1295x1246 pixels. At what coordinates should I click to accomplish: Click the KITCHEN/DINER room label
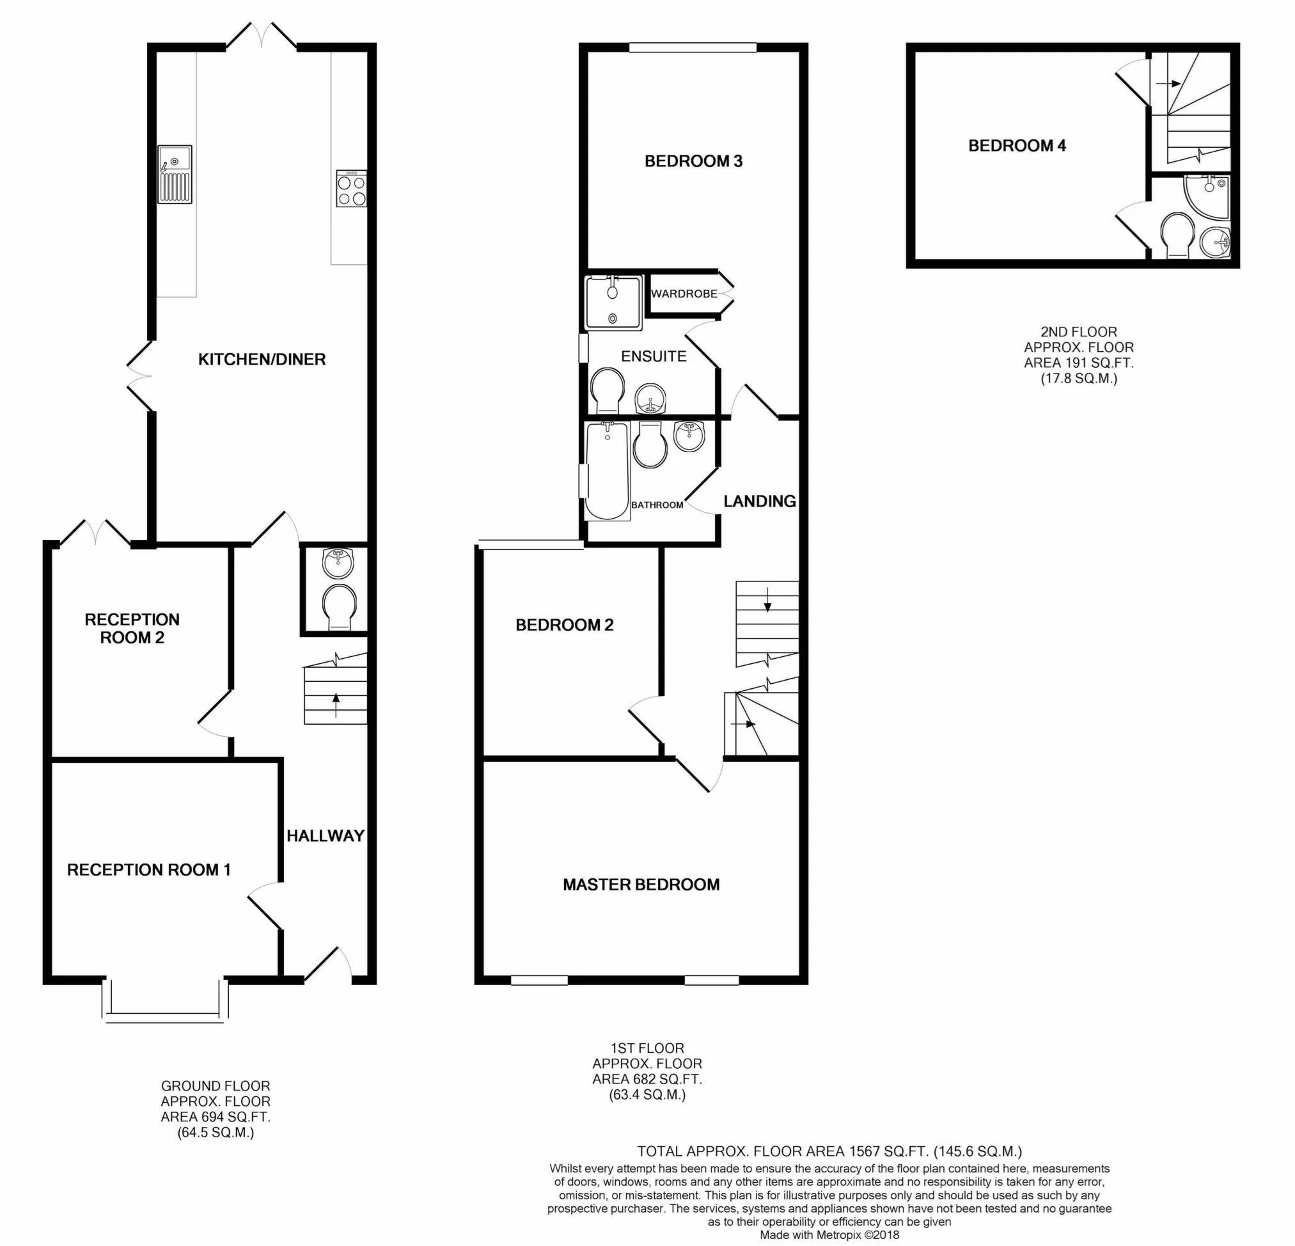click(262, 359)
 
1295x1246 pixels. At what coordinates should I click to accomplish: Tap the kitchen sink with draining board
click(175, 175)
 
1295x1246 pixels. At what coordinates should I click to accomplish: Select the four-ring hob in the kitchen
click(352, 189)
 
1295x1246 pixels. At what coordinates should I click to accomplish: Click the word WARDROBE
click(684, 294)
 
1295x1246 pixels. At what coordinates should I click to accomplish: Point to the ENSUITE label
click(654, 356)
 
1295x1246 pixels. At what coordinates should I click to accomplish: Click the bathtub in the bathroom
click(607, 471)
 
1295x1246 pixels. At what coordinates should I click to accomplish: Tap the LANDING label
click(759, 501)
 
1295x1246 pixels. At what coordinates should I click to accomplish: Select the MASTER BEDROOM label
click(641, 885)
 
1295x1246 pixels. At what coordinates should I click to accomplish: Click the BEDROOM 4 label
click(1017, 145)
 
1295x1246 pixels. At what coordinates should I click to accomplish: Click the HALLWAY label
click(325, 835)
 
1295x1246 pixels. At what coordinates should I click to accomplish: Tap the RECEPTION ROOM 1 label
click(148, 870)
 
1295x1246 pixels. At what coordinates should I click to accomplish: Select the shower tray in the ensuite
click(613, 303)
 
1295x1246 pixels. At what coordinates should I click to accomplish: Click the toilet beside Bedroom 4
click(1177, 235)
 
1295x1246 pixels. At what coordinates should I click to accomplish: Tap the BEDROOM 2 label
click(564, 625)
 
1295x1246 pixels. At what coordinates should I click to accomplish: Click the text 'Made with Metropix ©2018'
click(829, 1234)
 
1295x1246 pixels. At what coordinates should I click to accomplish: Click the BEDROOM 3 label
click(693, 161)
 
